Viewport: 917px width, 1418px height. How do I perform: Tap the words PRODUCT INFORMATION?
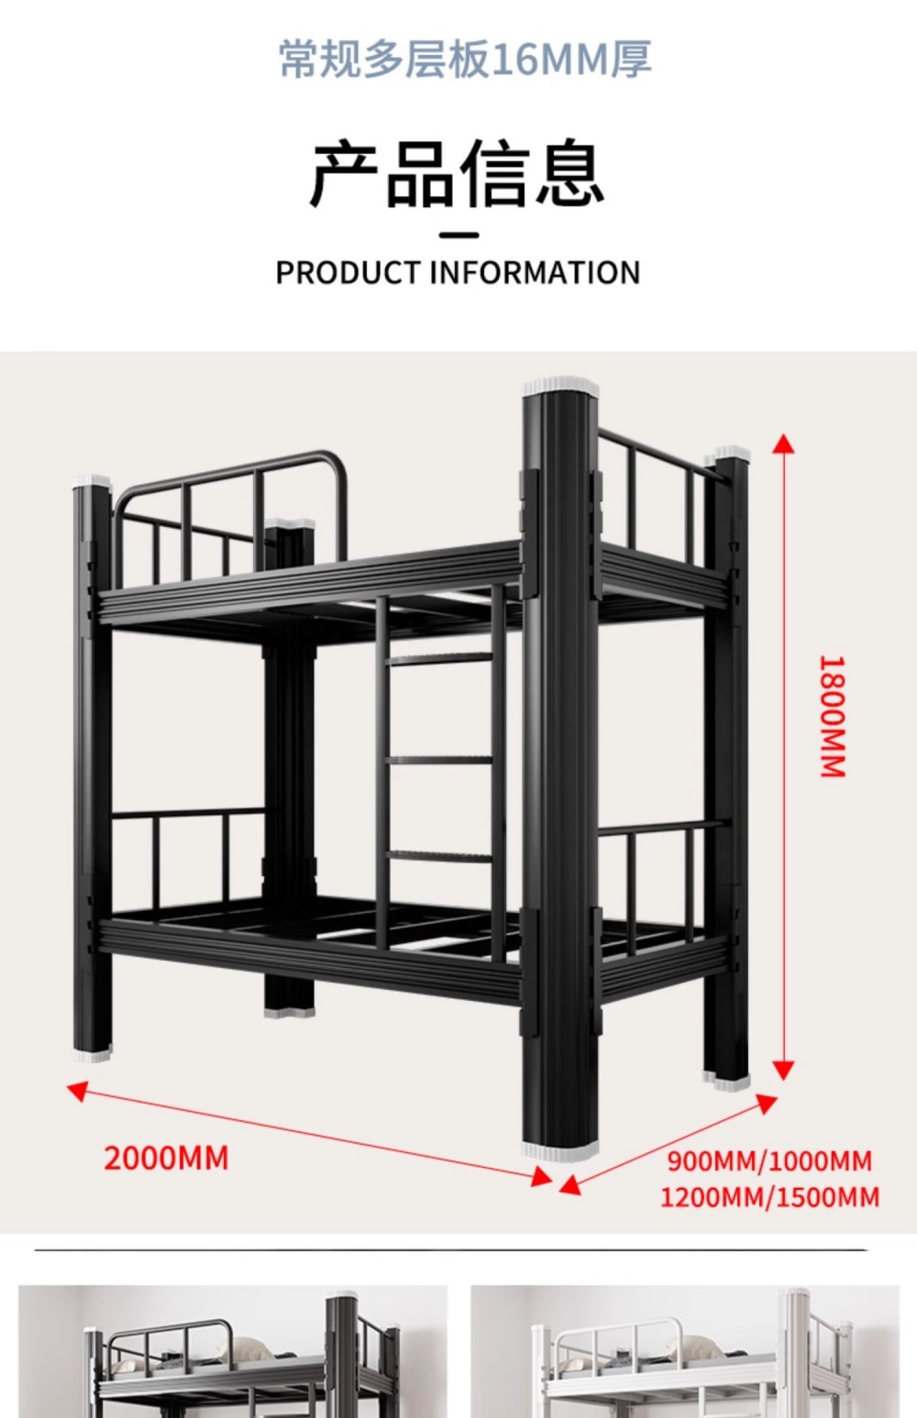pos(458,272)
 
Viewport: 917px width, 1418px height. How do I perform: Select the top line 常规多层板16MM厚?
pos(465,60)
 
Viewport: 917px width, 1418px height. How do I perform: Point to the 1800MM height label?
pos(832,717)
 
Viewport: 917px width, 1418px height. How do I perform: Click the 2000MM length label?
pos(166,1158)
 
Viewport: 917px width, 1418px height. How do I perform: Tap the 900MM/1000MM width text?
pos(769,1161)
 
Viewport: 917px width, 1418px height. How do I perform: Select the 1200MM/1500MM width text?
pos(769,1197)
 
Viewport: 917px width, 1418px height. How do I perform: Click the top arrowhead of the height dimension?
pos(783,445)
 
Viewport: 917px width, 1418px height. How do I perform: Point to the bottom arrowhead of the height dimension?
pos(783,1070)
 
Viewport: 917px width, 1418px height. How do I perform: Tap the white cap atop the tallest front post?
pos(560,385)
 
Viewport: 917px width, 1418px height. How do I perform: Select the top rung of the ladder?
pos(440,658)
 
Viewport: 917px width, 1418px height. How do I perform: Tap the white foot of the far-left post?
pos(91,1054)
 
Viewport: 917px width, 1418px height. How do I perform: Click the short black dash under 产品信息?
pos(458,235)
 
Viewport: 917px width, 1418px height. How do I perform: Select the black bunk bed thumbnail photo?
pos(233,1351)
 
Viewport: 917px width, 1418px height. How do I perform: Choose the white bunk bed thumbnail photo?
pos(684,1351)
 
